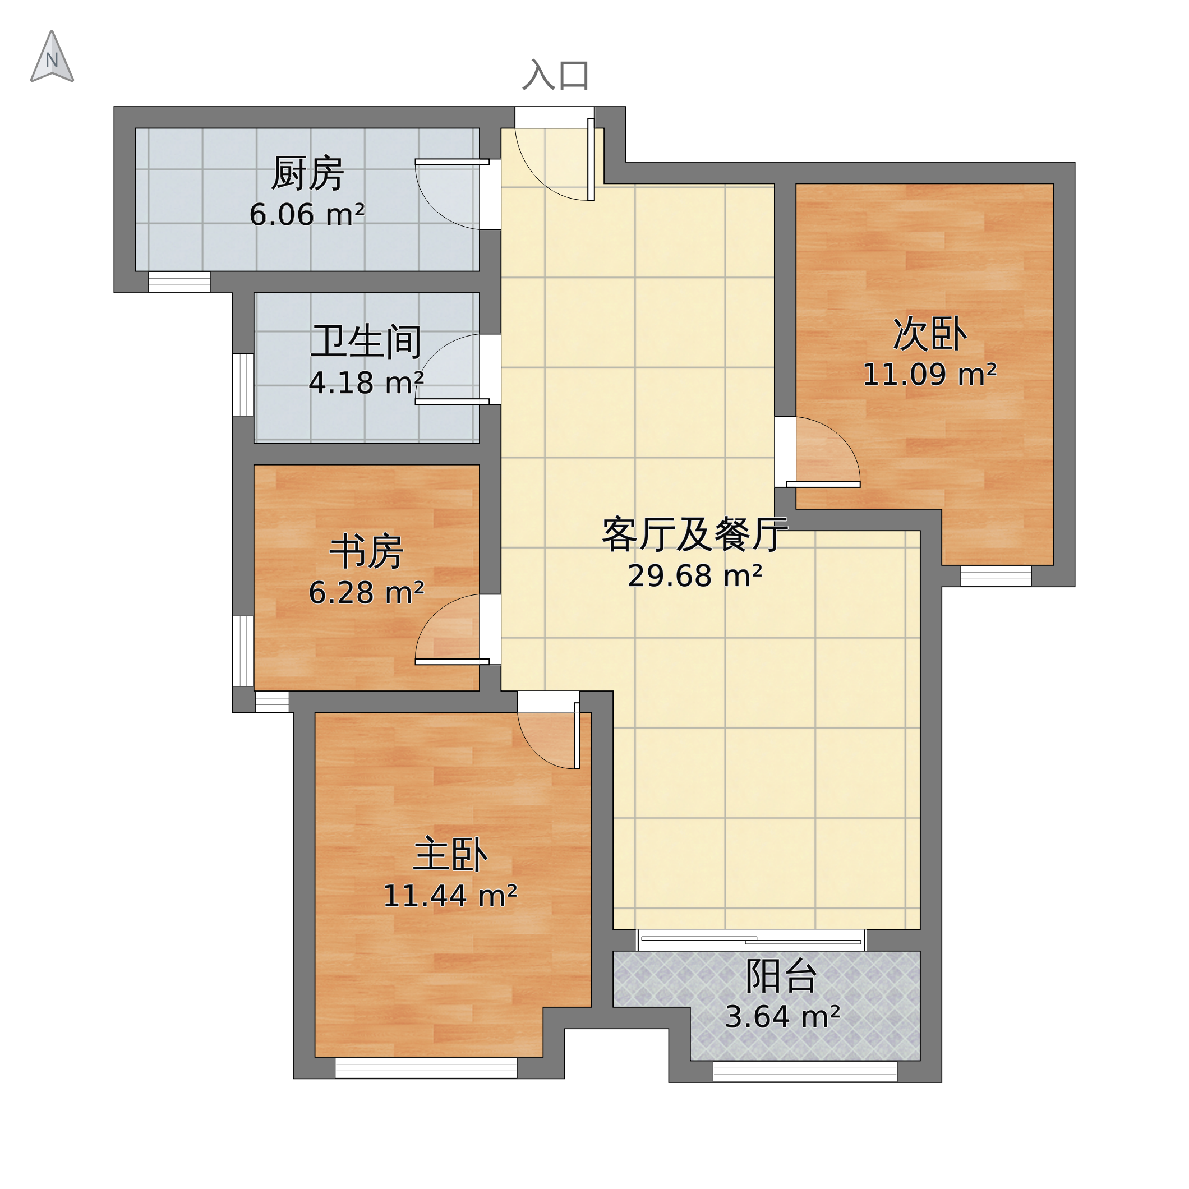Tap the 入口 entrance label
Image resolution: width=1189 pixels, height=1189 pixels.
(x=555, y=75)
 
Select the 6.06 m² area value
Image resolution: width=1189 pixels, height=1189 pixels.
(x=307, y=215)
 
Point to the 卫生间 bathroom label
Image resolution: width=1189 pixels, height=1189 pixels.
(x=366, y=342)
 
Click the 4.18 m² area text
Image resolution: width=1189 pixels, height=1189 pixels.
(x=366, y=383)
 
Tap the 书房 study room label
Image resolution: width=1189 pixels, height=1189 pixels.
(x=366, y=552)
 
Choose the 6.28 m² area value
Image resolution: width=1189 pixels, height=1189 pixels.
(x=366, y=593)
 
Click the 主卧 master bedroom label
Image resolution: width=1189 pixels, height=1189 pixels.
(x=450, y=855)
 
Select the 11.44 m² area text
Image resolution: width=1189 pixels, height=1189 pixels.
(x=450, y=896)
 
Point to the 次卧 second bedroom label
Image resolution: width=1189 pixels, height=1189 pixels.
(x=929, y=334)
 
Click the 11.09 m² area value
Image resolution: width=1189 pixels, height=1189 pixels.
(x=929, y=374)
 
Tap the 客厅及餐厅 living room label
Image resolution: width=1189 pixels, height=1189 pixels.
(x=694, y=534)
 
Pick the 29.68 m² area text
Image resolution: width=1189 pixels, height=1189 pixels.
(x=694, y=575)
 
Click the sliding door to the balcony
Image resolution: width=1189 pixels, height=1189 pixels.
(x=751, y=941)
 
